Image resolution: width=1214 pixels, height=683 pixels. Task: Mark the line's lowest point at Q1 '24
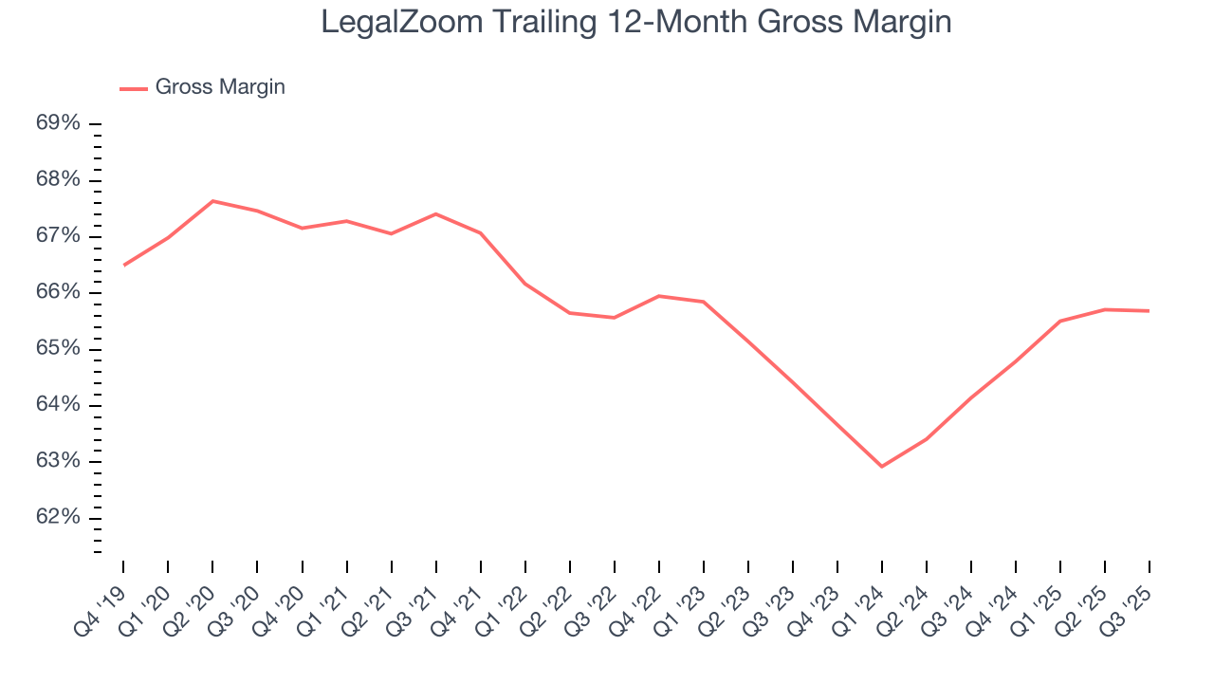tap(882, 467)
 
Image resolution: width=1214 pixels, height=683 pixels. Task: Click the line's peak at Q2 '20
tap(212, 201)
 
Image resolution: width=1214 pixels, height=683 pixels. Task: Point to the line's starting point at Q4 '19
tap(123, 266)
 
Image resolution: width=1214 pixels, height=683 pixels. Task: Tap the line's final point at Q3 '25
tap(1150, 310)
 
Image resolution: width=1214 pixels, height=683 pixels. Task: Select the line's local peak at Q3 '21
tap(435, 213)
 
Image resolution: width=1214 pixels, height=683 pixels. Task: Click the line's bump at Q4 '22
tap(659, 296)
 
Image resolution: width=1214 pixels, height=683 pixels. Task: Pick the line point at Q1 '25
tap(1060, 321)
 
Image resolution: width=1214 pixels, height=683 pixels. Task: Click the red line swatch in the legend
tap(133, 88)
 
